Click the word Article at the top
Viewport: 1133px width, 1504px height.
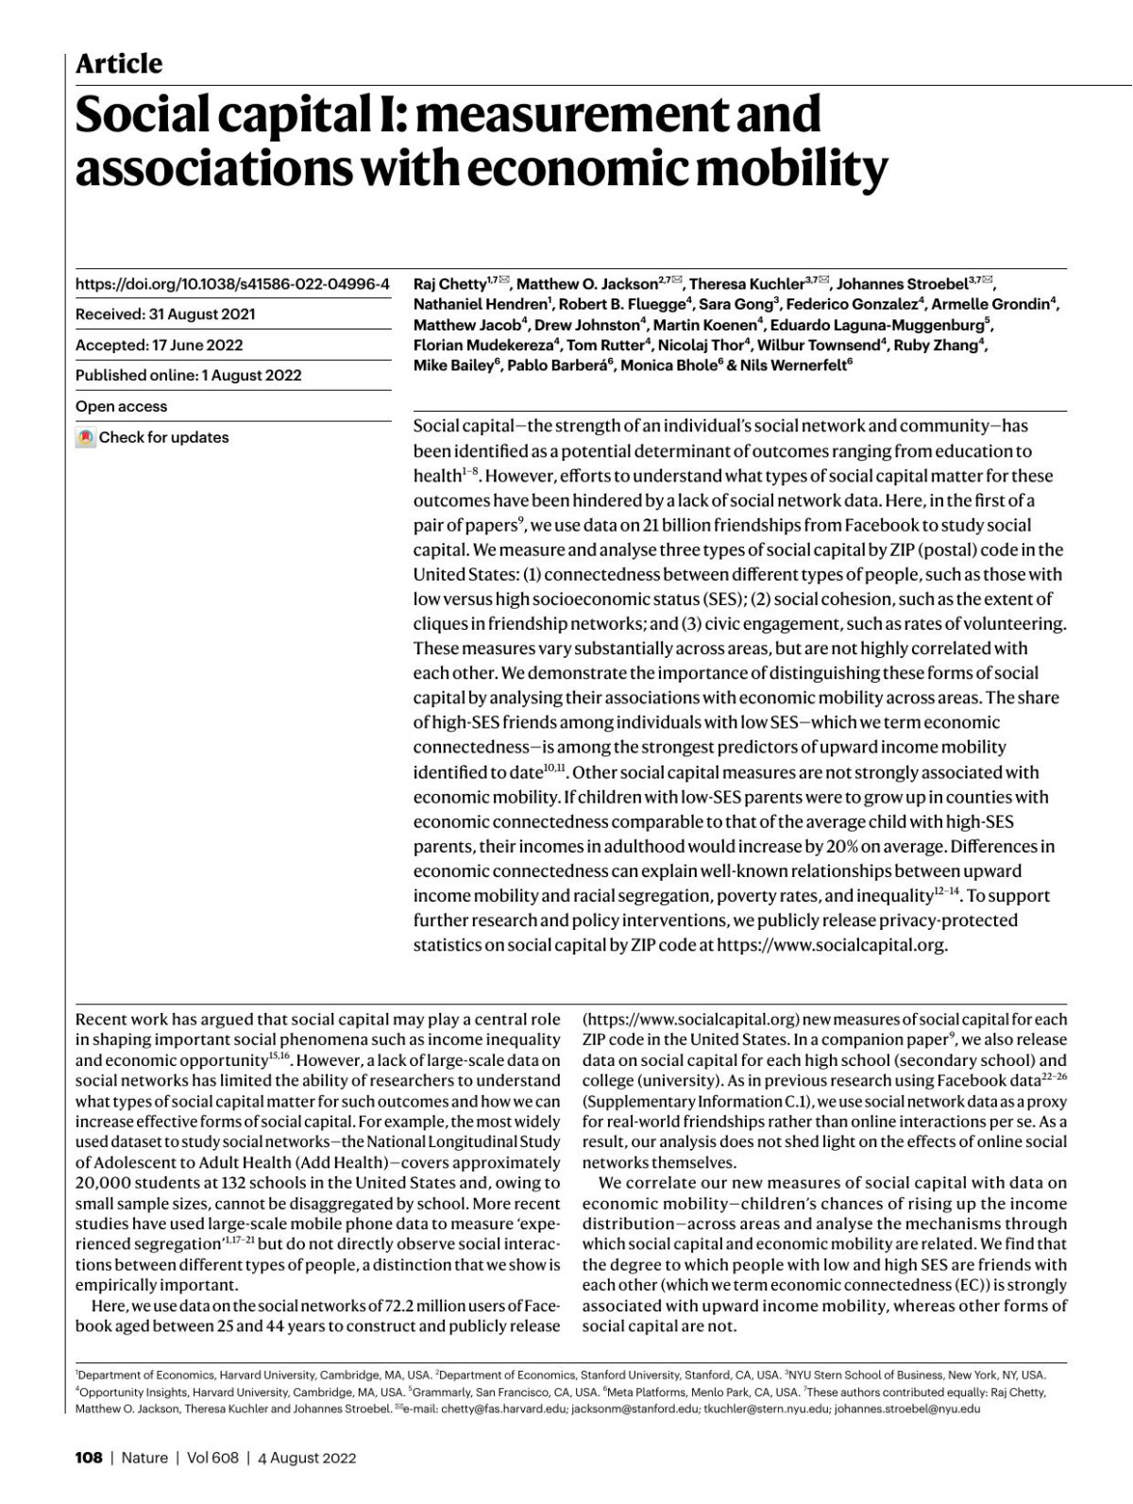(118, 64)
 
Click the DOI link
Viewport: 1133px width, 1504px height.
(232, 283)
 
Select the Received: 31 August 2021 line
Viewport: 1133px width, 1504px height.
(165, 314)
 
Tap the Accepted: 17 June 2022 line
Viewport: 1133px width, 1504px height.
(159, 345)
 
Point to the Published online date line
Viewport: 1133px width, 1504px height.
(189, 375)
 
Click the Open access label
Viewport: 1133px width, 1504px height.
(121, 406)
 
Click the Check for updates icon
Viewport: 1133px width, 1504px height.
(86, 437)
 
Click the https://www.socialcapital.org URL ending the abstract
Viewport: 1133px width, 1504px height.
(831, 944)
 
